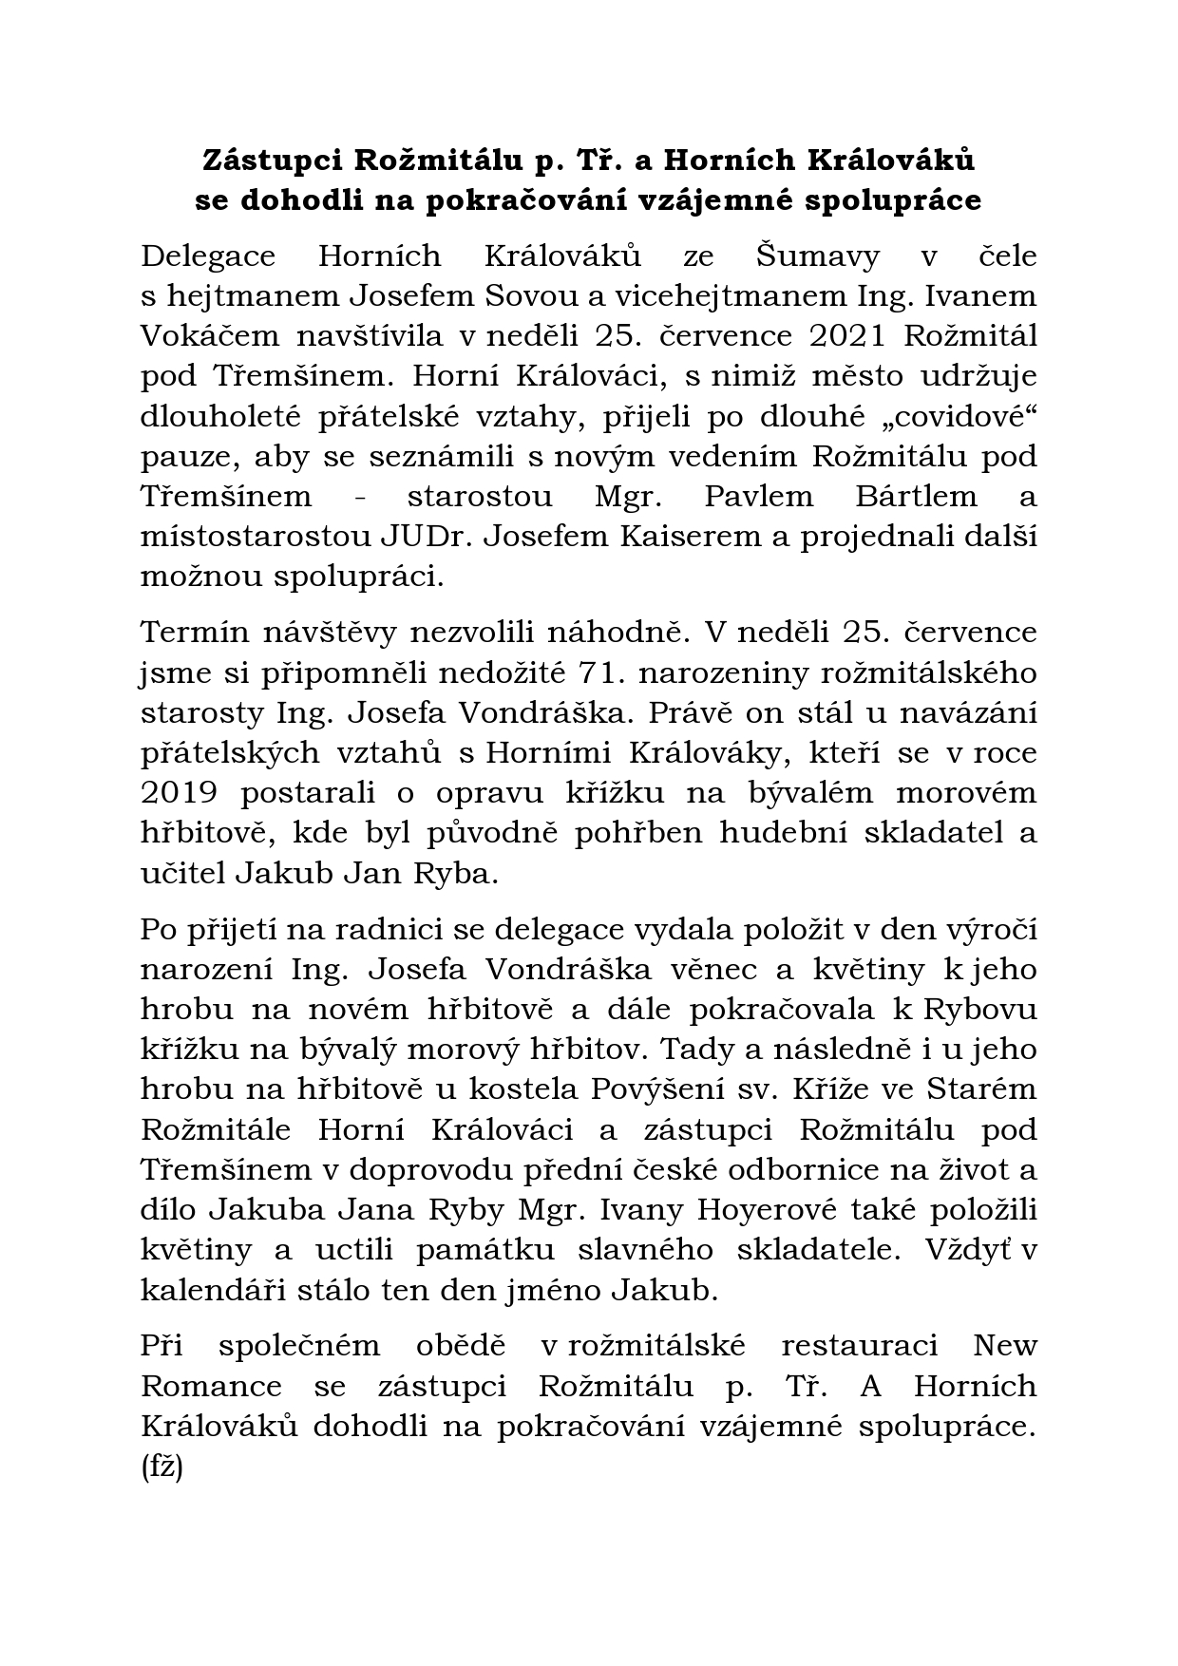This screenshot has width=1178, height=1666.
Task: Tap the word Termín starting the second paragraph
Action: click(199, 633)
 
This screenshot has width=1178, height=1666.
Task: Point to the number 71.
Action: click(601, 672)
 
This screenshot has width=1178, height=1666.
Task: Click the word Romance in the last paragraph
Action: click(212, 1386)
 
